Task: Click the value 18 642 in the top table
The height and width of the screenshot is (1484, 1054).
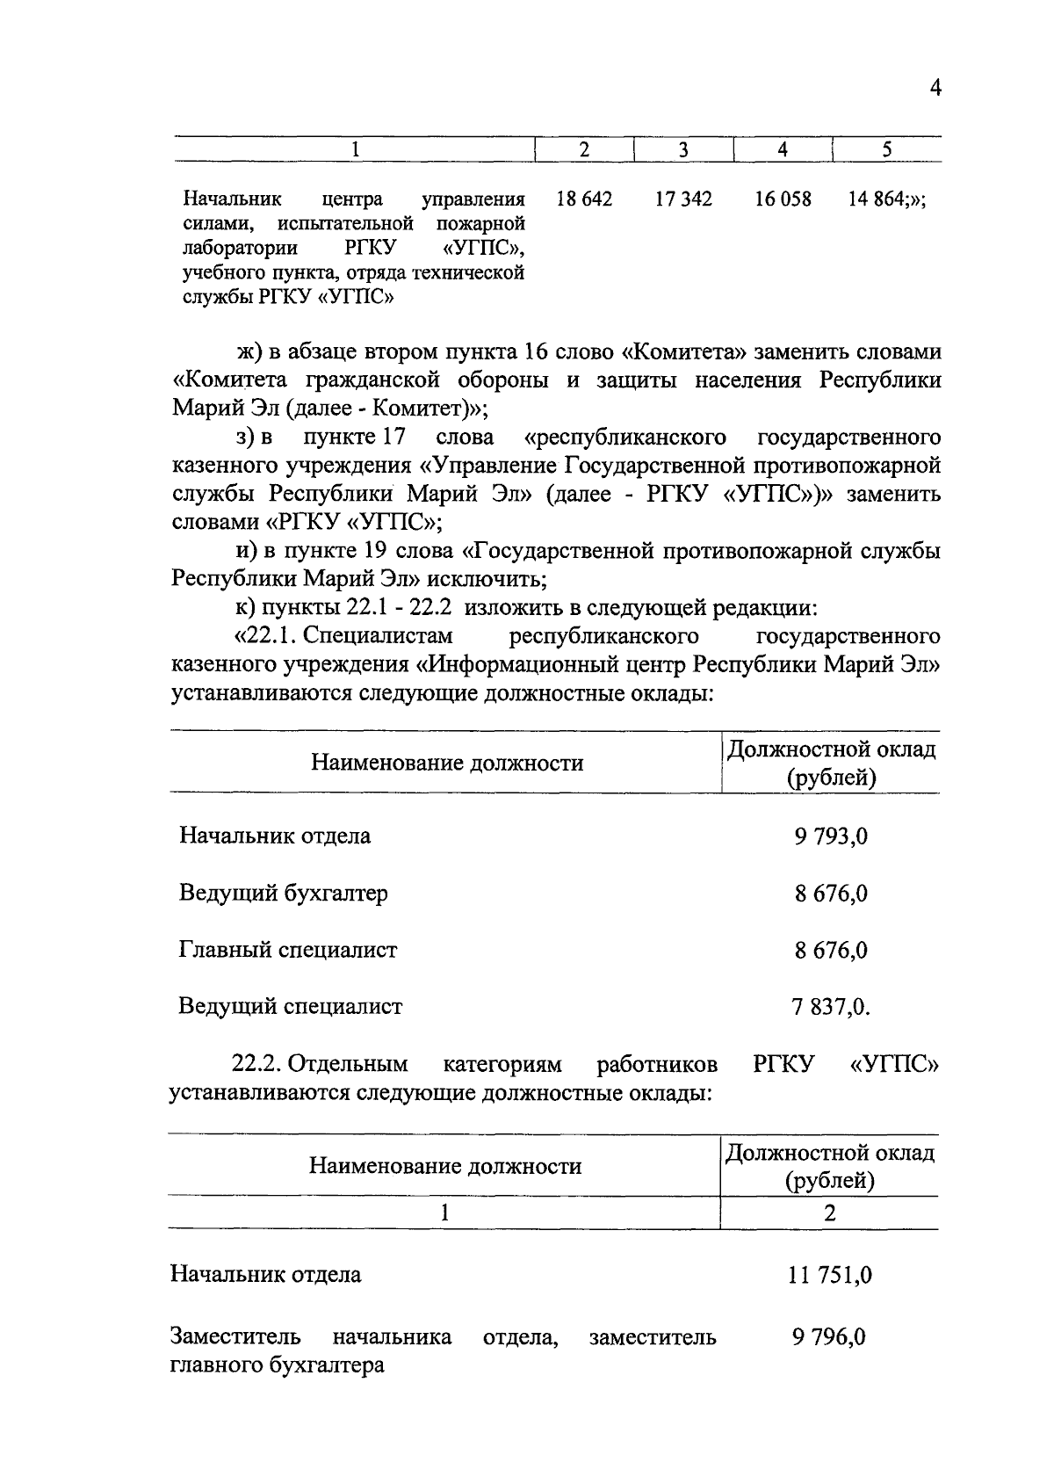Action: click(584, 199)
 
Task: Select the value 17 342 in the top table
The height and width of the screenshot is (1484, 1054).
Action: click(683, 199)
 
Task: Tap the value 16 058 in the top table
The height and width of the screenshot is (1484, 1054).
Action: click(783, 199)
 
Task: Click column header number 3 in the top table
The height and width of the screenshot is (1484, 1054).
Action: click(683, 150)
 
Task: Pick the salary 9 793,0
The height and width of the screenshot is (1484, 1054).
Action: click(831, 836)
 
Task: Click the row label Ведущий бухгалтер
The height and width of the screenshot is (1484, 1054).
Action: click(283, 893)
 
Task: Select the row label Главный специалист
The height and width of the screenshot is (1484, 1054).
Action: click(287, 950)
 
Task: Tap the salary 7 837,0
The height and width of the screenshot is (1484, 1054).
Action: click(830, 1007)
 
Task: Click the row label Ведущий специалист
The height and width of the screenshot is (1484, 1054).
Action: click(290, 1006)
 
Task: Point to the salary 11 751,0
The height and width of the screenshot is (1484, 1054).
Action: click(829, 1275)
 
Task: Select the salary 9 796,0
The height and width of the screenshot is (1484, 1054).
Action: click(828, 1337)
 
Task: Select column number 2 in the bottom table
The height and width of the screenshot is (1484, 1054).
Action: click(829, 1213)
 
